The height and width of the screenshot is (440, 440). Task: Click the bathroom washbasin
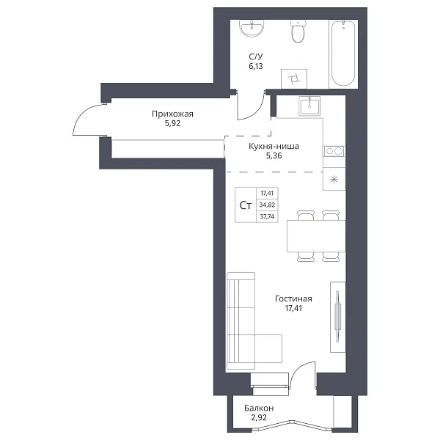[x=252, y=28]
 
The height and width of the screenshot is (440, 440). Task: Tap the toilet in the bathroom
[x=298, y=31]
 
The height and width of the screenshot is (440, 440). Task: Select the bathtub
[x=343, y=53]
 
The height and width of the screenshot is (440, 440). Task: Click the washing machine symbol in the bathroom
[x=294, y=79]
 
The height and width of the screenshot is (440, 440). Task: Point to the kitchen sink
[x=309, y=106]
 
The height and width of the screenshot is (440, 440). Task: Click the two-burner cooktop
[x=334, y=151]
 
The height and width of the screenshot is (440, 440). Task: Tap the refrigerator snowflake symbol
[x=334, y=180]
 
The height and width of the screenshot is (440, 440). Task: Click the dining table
[x=316, y=236]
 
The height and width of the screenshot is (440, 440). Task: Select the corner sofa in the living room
[x=241, y=320]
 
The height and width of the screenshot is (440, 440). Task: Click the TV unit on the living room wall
[x=337, y=317]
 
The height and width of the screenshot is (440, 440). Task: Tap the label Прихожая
[x=172, y=114]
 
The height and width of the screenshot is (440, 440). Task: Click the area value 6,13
[x=256, y=66]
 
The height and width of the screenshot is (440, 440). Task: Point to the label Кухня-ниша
[x=274, y=146]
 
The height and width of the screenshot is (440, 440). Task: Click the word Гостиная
[x=293, y=298]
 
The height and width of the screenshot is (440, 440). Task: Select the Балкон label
[x=259, y=408]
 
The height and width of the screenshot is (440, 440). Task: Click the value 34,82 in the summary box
[x=267, y=205]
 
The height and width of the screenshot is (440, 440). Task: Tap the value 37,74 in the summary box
[x=267, y=216]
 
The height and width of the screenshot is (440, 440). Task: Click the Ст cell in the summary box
[x=246, y=205]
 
